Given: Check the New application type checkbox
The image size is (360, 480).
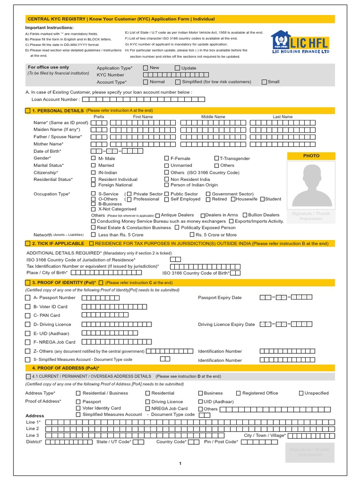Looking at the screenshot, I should click(x=145, y=68).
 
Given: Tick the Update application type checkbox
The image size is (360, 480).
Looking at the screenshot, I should click(x=177, y=68).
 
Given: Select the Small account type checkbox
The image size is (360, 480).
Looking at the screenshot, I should click(x=264, y=82).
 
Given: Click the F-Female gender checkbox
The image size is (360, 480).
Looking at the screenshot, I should click(x=167, y=158).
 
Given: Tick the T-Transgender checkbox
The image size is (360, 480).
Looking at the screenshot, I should click(x=217, y=158).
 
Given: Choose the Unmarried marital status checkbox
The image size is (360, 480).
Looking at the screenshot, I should click(x=167, y=165).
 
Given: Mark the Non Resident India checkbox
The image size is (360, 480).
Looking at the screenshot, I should click(x=167, y=179).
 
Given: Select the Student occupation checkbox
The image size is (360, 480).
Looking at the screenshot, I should click(x=262, y=199).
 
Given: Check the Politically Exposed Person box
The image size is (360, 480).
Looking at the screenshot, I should click(x=177, y=227).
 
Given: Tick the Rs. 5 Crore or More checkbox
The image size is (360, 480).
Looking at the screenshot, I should click(x=192, y=234).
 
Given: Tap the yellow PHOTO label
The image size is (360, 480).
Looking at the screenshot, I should click(x=311, y=156).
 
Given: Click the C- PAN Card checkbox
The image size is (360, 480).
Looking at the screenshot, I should click(x=27, y=315).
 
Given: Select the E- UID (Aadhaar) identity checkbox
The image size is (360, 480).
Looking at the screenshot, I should click(x=27, y=333).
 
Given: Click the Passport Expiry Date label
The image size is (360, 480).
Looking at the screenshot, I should click(x=220, y=298).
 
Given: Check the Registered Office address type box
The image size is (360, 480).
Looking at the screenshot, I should click(x=238, y=393).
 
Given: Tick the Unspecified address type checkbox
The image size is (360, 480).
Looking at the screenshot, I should click(x=301, y=393).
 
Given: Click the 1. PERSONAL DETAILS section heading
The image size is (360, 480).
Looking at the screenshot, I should click(x=57, y=110).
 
